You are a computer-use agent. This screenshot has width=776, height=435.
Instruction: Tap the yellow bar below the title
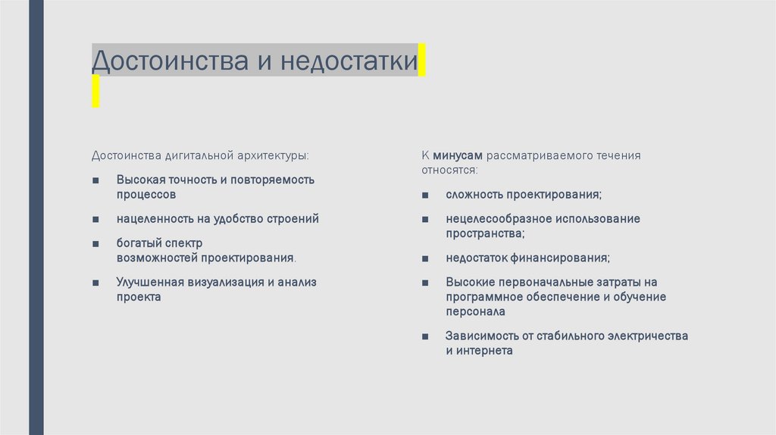click(95, 90)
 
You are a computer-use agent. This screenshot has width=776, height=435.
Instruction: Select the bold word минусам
click(458, 155)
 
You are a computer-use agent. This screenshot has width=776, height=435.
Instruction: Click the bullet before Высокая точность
click(95, 180)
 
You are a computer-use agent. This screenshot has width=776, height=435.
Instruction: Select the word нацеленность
click(152, 218)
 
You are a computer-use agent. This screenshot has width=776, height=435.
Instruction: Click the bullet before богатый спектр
click(95, 244)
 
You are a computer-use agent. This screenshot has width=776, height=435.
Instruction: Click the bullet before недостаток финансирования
click(426, 258)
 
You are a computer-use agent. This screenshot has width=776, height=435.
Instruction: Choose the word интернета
click(485, 351)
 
